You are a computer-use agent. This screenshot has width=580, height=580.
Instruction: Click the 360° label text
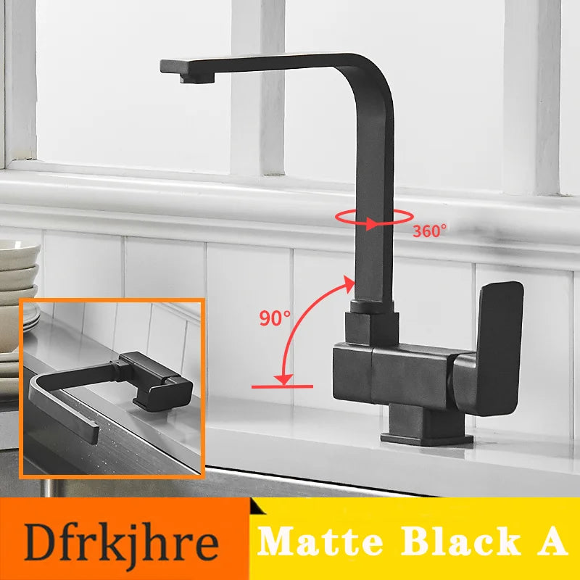pos(430,231)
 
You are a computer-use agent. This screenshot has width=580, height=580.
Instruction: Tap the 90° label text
pos(275,317)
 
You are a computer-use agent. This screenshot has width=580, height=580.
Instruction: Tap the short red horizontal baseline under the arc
pos(282,386)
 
